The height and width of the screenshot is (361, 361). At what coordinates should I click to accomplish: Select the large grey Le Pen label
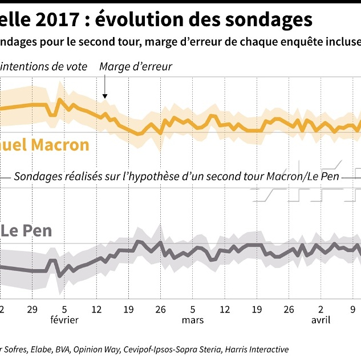[26, 231]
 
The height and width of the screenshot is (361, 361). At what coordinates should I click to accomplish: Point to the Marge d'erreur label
[136, 67]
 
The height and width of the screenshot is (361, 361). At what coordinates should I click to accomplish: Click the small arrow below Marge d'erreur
[105, 90]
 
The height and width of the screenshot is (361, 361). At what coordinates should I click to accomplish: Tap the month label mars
[193, 320]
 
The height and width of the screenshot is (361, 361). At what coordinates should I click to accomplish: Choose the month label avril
[321, 320]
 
